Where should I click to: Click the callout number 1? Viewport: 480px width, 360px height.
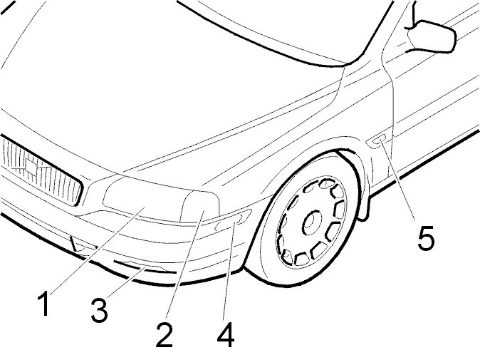tap(44, 304)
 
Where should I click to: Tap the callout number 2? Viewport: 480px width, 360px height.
tap(165, 335)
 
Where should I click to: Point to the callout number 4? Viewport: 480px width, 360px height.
tap(226, 335)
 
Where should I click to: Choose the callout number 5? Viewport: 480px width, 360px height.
tap(426, 238)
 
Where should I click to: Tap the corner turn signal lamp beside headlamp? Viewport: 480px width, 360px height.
tap(202, 210)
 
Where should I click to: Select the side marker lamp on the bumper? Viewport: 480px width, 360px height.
tap(229, 224)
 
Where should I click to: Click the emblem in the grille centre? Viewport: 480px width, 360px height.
tap(29, 168)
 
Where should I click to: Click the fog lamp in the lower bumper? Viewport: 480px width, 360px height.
tap(146, 269)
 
